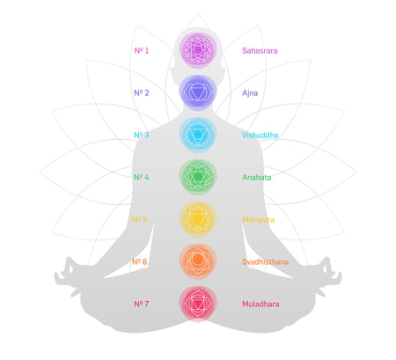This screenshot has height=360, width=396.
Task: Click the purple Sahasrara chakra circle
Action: (198, 50)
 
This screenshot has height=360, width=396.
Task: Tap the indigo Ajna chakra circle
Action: (198, 92)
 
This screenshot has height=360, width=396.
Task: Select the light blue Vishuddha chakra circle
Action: (198, 135)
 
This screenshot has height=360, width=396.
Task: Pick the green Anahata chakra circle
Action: (198, 177)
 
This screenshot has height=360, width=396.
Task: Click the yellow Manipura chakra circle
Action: (198, 219)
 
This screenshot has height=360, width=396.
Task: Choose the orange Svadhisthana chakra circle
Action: (198, 261)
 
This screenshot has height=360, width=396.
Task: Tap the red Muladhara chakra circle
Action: (198, 304)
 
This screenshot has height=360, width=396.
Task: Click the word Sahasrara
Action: (260, 51)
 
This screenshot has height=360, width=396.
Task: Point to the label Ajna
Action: (250, 93)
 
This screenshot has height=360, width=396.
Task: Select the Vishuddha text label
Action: (260, 136)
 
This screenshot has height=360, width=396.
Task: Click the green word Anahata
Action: (257, 178)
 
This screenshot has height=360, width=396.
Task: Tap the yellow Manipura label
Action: (259, 220)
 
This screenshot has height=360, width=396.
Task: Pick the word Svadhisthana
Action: (265, 261)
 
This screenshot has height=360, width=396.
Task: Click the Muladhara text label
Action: (260, 305)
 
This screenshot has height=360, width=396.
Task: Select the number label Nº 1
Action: (142, 50)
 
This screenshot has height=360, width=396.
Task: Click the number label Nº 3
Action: (142, 135)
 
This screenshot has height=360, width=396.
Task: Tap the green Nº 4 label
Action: (141, 177)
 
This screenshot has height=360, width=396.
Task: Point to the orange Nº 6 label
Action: (139, 261)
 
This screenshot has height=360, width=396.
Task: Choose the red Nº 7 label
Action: (141, 304)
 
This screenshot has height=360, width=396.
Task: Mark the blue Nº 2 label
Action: (142, 92)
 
